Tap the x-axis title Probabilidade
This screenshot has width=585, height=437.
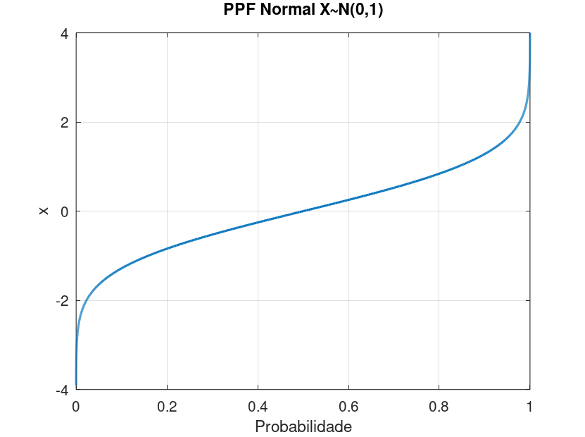click(x=303, y=427)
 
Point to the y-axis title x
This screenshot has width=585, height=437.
click(x=44, y=211)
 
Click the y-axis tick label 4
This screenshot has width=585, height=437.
click(x=63, y=33)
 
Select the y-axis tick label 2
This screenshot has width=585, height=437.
click(x=63, y=122)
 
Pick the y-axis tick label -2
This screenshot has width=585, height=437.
click(x=61, y=300)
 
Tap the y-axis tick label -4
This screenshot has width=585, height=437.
click(x=61, y=389)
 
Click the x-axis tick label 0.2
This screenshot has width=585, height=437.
click(x=167, y=406)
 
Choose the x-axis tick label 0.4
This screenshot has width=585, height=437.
click(x=258, y=406)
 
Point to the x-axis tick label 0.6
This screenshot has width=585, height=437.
click(x=348, y=406)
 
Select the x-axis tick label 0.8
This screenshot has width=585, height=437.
click(x=439, y=406)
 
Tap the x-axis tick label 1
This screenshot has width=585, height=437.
click(x=529, y=406)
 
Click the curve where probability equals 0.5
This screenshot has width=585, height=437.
click(x=303, y=211)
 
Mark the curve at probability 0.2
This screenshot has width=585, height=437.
click(x=167, y=248)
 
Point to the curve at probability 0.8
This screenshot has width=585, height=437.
click(x=439, y=173)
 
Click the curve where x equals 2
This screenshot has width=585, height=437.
click(x=520, y=122)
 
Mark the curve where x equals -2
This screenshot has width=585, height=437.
click(x=87, y=300)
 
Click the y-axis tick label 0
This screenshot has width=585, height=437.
click(x=63, y=211)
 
